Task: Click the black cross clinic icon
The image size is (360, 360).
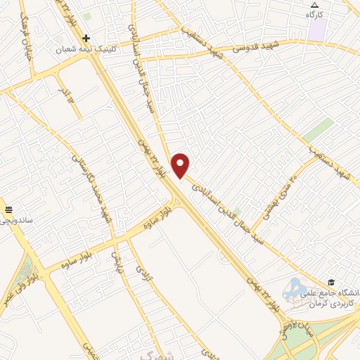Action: point(86,38)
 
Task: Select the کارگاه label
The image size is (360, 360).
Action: point(314,15)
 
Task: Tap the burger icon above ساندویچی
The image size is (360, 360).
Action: point(10,208)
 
